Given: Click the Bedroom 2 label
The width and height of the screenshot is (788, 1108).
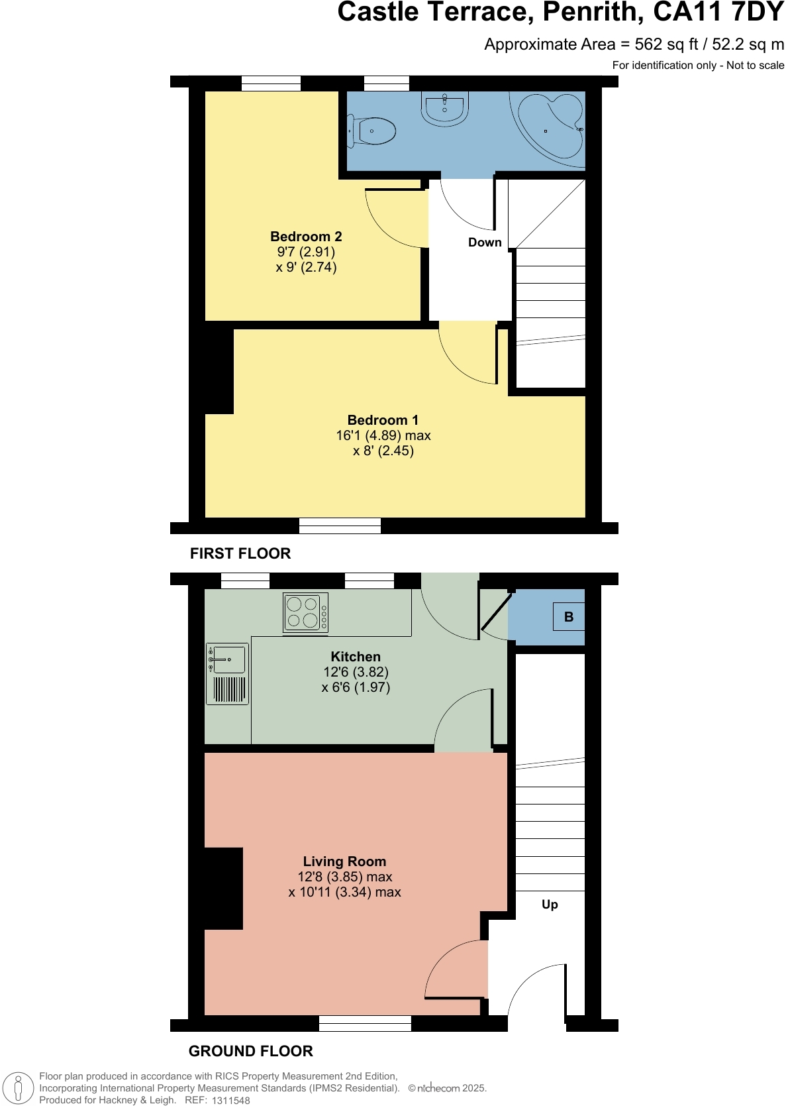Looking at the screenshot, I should (x=306, y=237).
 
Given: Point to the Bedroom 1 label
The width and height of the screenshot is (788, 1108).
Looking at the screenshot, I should (x=383, y=420).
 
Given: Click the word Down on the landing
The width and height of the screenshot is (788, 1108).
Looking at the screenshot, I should (x=485, y=243).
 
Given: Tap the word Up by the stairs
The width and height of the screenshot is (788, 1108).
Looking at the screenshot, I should (x=550, y=905).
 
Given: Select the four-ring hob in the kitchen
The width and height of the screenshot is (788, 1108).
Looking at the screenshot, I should (x=305, y=612).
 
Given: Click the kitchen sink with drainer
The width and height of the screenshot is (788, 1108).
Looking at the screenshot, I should (x=227, y=673).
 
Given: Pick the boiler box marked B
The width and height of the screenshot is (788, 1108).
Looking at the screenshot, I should (x=569, y=617).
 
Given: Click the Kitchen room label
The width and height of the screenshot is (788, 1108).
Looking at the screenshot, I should (x=356, y=657).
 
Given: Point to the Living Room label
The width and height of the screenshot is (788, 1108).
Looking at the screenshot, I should (x=344, y=861).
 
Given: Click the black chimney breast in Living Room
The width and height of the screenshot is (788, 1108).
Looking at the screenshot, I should (x=223, y=888).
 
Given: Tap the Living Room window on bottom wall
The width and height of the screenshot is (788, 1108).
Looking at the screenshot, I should (x=365, y=1024).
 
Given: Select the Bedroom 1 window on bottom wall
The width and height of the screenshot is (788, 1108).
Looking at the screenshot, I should (x=340, y=526).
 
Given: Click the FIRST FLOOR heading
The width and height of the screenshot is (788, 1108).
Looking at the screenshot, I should (x=240, y=553).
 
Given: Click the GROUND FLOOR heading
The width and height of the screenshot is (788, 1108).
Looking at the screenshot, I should (x=250, y=1051).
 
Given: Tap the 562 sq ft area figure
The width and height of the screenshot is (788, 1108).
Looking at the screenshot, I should (x=666, y=44).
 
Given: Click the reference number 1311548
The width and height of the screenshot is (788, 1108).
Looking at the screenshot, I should (x=230, y=1101).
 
